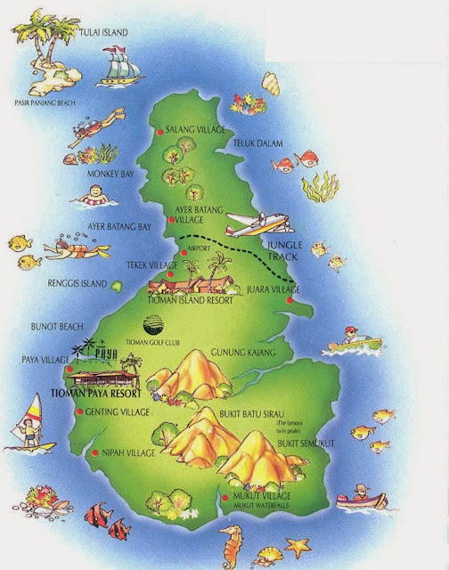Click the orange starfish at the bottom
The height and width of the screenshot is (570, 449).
(296, 543)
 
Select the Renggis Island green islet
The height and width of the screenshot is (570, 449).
(116, 285)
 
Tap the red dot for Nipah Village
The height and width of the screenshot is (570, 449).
(96, 454)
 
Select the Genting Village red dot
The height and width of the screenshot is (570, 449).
(80, 411)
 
